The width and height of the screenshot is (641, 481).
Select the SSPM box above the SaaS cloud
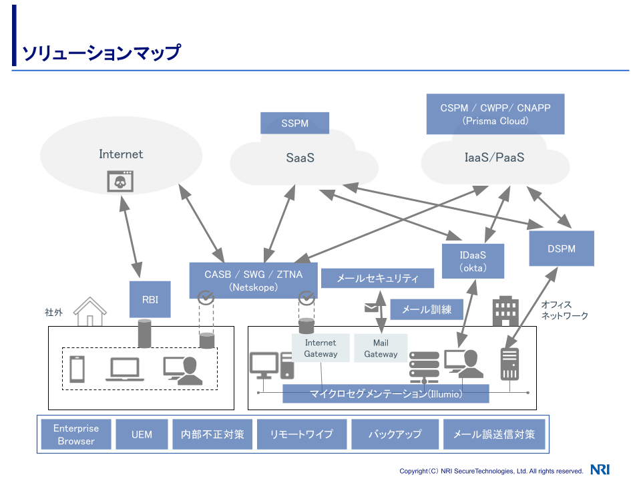point(294,124)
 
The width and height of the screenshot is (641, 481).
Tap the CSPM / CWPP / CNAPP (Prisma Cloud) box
point(495,114)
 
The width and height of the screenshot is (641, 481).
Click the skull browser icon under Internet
point(121,181)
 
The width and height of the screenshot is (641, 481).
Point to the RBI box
point(150,299)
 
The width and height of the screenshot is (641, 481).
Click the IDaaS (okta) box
point(473,261)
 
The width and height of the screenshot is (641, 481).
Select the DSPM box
point(561,249)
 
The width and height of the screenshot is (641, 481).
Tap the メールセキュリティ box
point(377,279)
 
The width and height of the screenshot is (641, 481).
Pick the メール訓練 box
point(426,309)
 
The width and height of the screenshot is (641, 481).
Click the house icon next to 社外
point(90,311)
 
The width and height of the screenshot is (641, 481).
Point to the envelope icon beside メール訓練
point(371,307)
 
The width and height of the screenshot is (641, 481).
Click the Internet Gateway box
point(320,348)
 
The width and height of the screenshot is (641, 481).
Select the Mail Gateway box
point(381,348)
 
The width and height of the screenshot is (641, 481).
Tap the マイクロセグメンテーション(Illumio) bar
point(386,393)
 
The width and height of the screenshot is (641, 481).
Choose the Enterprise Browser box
point(76,435)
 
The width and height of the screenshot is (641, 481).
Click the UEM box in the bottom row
point(142,435)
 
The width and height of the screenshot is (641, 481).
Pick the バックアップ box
point(395,435)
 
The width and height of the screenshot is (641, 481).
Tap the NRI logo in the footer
point(600,470)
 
